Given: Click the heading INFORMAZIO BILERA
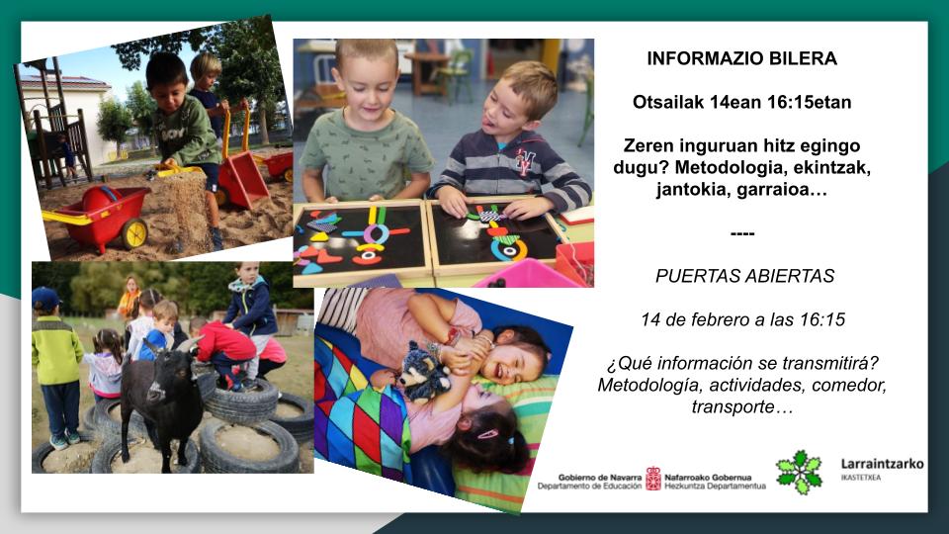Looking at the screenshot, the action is point(742,58).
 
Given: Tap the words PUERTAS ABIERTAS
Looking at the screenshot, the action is point(744,276).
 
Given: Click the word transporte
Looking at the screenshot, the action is point(732,406).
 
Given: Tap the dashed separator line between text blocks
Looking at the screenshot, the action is point(742,233).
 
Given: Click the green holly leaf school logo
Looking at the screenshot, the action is point(799,473).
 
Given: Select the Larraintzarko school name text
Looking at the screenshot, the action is point(883,464).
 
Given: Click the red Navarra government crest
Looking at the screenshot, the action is point(653,479).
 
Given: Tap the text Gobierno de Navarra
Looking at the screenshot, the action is point(599,477).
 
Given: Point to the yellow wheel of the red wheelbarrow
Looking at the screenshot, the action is point(135,233).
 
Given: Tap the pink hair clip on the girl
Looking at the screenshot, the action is point(487,434).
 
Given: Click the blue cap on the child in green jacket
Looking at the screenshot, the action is point(46,298).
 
